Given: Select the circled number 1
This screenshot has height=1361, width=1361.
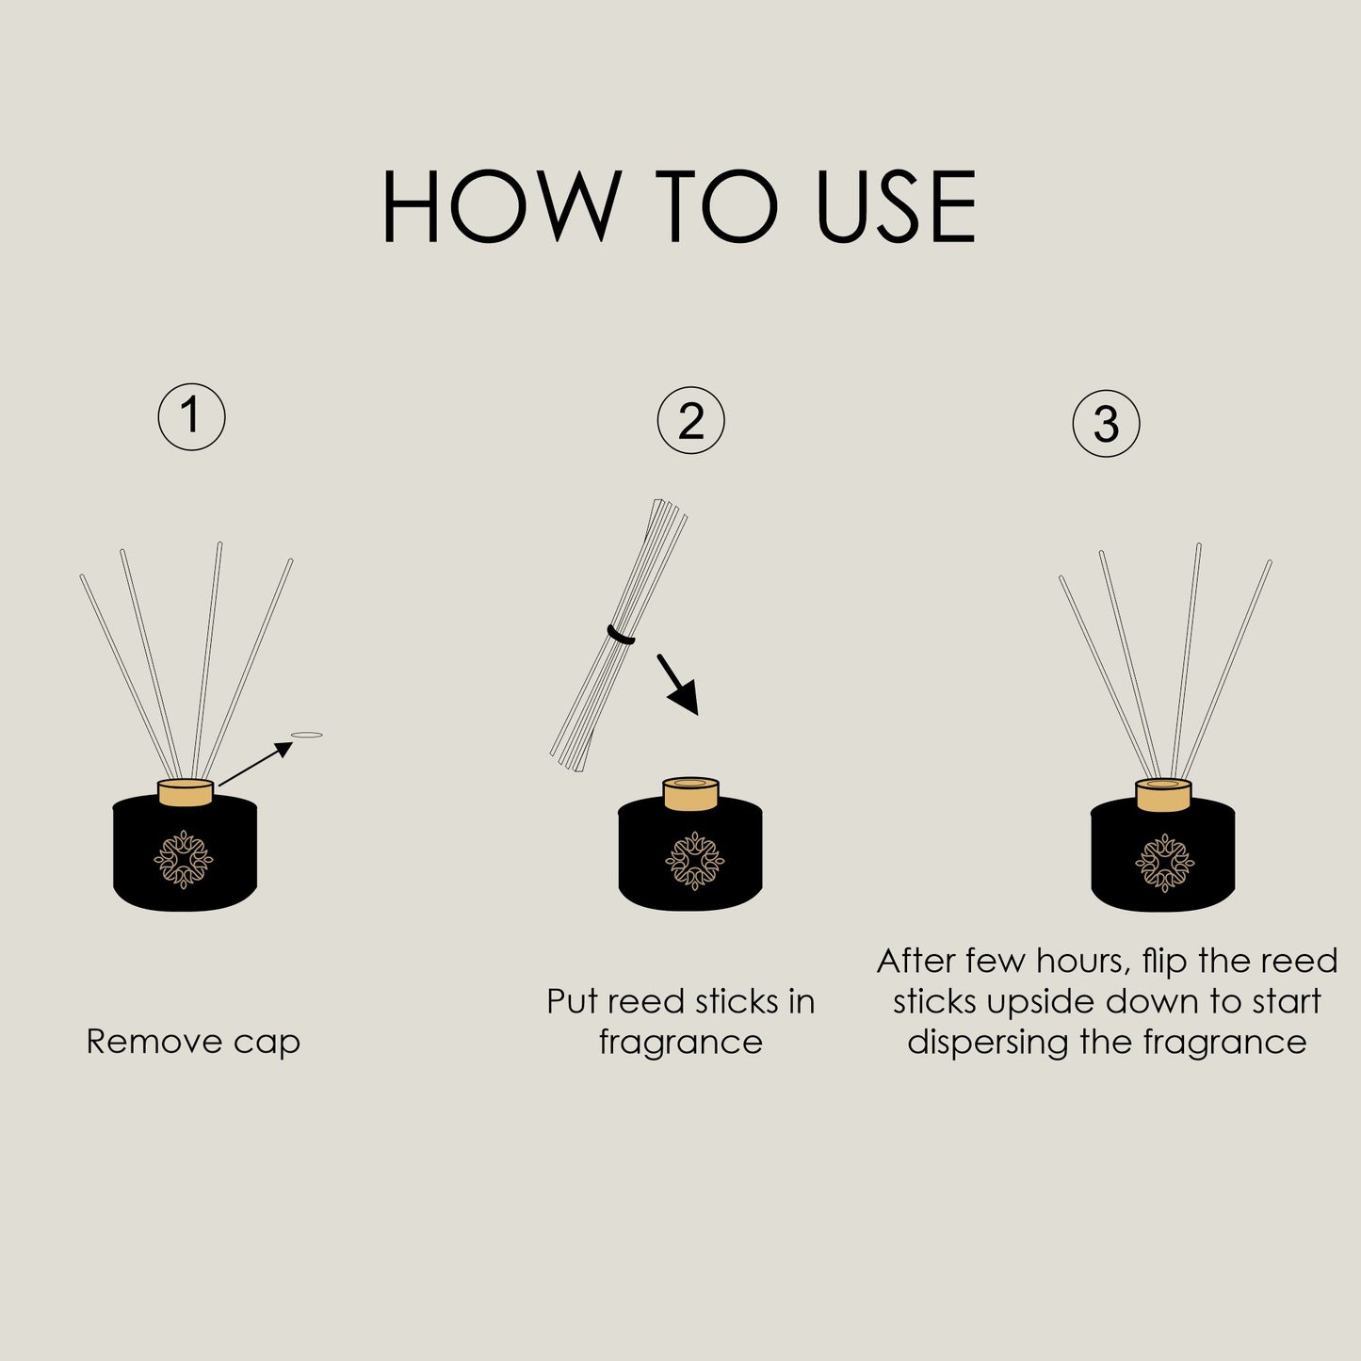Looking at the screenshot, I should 191,415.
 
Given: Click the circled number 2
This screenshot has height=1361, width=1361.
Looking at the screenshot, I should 690,421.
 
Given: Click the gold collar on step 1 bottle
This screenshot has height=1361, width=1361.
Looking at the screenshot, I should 186,793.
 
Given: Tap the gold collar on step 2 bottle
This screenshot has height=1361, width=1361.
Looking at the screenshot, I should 690,794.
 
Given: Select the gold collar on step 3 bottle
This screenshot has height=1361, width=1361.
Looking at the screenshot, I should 1163,795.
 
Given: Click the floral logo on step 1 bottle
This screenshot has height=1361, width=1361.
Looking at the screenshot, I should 184,859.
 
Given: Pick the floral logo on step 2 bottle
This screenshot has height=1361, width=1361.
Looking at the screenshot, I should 695,861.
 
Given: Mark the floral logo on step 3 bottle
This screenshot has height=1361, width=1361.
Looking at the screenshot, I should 1164,862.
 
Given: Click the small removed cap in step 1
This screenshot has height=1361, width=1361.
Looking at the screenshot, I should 307,735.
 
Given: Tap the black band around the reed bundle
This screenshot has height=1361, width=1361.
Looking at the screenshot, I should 622,636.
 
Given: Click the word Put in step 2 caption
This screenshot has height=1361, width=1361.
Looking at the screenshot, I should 573,1001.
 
